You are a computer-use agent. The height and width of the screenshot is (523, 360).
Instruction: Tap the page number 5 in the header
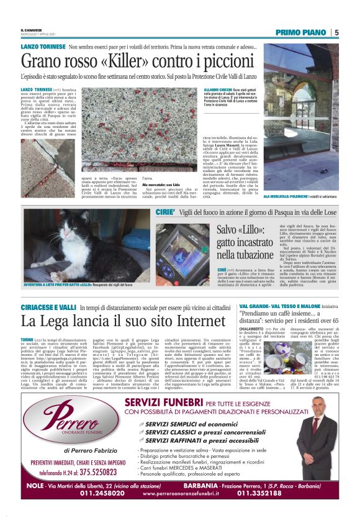point(336,32)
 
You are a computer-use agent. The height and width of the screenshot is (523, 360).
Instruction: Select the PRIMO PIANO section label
point(303,32)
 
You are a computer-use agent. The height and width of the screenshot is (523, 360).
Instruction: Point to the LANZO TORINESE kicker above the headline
point(42,47)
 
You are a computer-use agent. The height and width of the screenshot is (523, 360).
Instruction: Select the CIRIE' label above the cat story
point(164,212)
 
